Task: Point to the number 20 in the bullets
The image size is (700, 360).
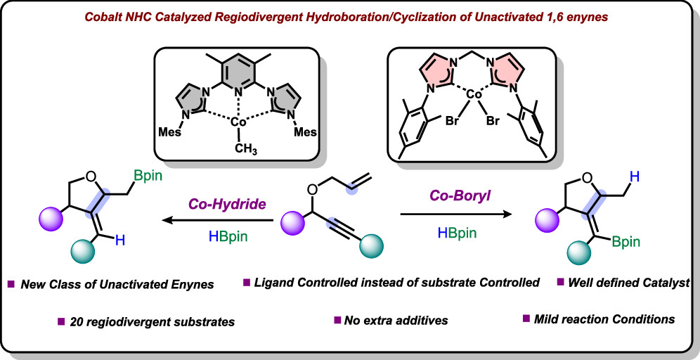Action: pyautogui.click(x=77, y=322)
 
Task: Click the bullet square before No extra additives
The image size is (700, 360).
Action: pyautogui.click(x=337, y=321)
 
